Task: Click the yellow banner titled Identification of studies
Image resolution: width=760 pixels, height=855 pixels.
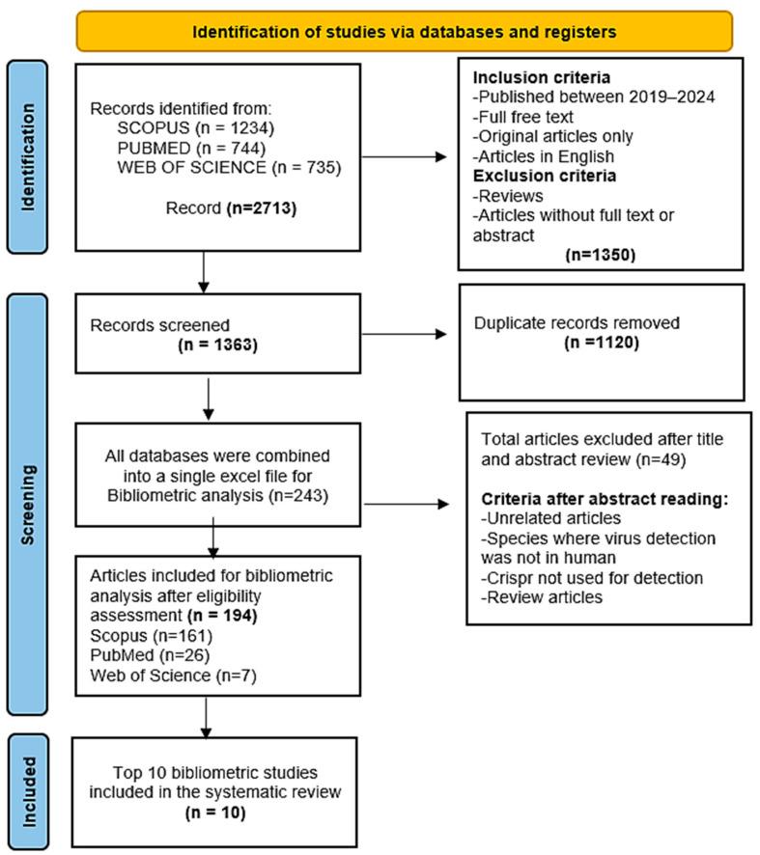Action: pyautogui.click(x=404, y=31)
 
